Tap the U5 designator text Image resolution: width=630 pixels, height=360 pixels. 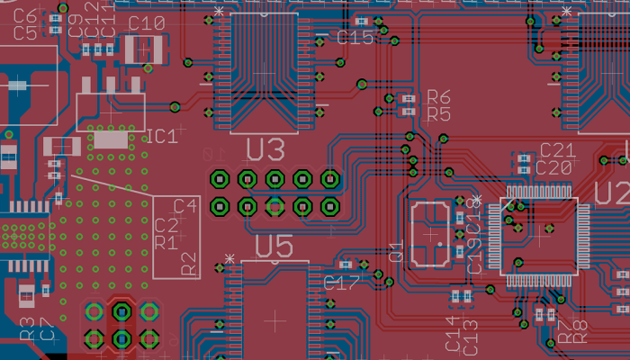(274, 246)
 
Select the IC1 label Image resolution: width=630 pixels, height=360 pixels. (162, 137)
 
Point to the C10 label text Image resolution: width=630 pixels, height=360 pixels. (146, 23)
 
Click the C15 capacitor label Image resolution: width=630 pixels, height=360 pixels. (355, 38)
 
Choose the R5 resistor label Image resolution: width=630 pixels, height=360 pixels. (438, 114)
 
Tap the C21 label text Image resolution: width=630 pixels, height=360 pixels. (557, 150)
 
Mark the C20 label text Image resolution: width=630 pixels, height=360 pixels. (553, 167)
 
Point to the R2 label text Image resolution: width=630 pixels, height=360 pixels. (189, 264)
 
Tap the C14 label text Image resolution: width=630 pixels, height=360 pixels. (453, 334)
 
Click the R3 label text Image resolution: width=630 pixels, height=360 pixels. (26, 328)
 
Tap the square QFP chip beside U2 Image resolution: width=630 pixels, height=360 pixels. (539, 236)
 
